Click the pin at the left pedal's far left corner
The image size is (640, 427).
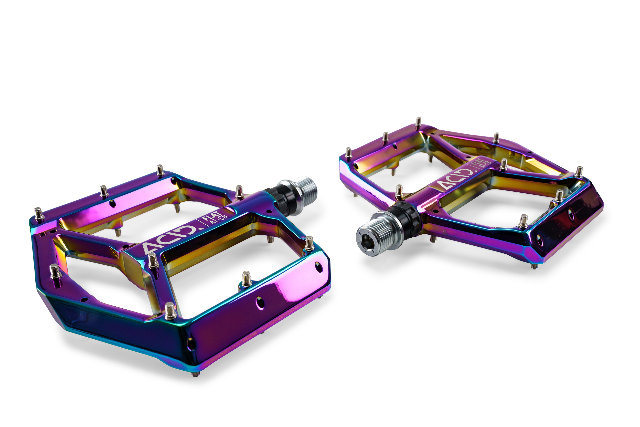pyautogui.click(x=39, y=214)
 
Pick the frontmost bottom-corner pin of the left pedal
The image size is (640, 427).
pyautogui.click(x=170, y=310)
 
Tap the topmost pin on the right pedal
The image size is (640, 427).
pyautogui.click(x=419, y=122)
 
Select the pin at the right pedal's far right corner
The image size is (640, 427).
pyautogui.click(x=579, y=172)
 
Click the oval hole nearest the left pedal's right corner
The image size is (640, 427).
pyautogui.click(x=318, y=267)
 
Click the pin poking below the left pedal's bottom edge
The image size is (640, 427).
pyautogui.click(x=195, y=374)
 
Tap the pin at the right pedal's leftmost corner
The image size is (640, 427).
pyautogui.click(x=349, y=153)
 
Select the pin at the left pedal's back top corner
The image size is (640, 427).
pyautogui.click(x=160, y=170)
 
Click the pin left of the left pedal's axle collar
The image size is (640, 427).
pyautogui.click(x=239, y=192)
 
